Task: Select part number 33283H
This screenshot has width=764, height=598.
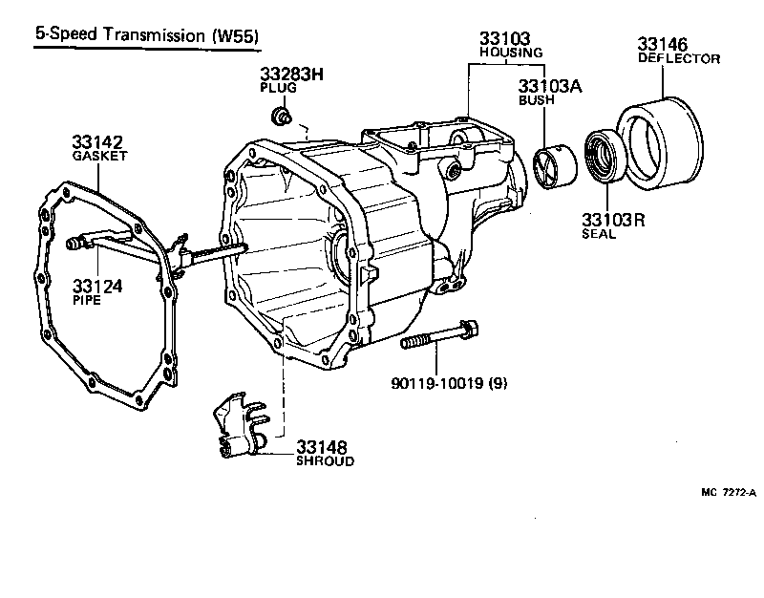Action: (x=292, y=74)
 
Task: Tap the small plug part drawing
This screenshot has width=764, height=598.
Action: (x=281, y=117)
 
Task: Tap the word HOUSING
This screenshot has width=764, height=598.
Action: (x=511, y=53)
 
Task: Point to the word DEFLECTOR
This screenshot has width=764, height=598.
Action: (x=678, y=58)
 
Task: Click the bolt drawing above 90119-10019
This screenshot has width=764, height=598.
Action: (x=440, y=335)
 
